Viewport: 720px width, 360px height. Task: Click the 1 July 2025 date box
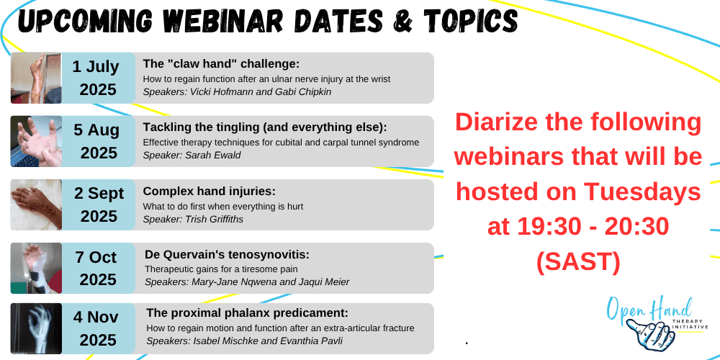pyautogui.click(x=98, y=78)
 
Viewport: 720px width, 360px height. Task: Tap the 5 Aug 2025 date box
pyautogui.click(x=98, y=141)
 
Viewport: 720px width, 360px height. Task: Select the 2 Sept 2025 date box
pyautogui.click(x=98, y=204)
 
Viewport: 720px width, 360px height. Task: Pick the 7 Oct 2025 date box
pyautogui.click(x=98, y=268)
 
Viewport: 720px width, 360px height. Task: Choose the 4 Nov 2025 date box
pyautogui.click(x=98, y=328)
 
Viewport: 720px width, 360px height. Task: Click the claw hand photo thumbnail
pyautogui.click(x=36, y=78)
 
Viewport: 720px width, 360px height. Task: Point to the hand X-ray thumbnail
pyautogui.click(x=36, y=328)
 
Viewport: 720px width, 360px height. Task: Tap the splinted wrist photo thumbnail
pyautogui.click(x=36, y=268)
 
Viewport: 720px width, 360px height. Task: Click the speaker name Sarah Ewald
pyautogui.click(x=212, y=156)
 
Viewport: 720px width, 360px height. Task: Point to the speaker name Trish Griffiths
pyautogui.click(x=214, y=219)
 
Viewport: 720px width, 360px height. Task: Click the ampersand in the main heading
pyautogui.click(x=402, y=21)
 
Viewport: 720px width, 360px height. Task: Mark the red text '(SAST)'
pyautogui.click(x=578, y=262)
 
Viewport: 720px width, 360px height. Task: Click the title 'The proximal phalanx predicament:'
pyautogui.click(x=247, y=313)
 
